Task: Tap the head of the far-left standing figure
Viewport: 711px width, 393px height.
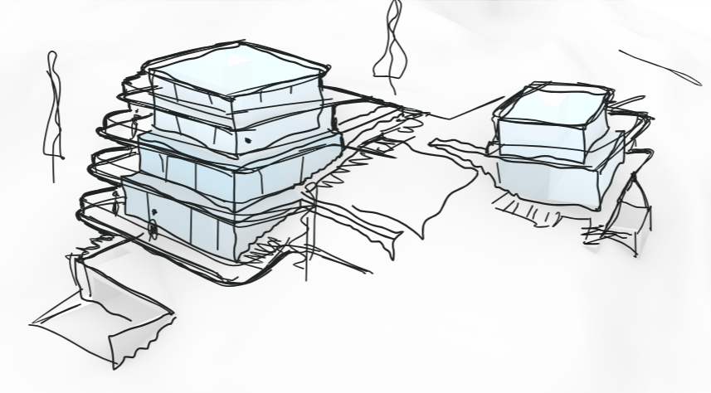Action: click(x=54, y=58)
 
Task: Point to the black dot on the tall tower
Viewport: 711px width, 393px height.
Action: click(x=247, y=142)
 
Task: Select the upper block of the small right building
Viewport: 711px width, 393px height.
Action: click(x=548, y=124)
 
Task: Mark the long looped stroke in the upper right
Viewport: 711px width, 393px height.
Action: click(x=660, y=66)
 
